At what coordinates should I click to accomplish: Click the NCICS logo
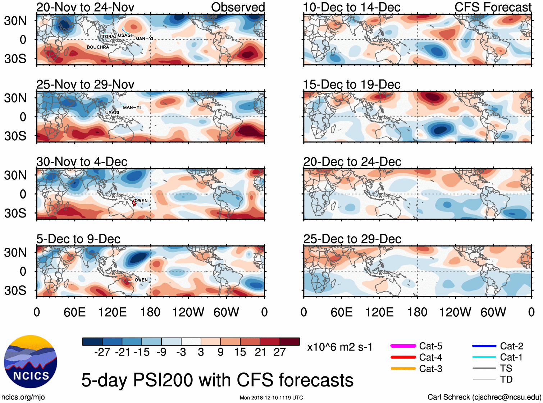[x=31, y=362]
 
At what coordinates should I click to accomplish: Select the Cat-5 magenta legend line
[x=403, y=346]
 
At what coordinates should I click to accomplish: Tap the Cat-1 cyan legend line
[x=484, y=357]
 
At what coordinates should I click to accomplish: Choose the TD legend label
[x=506, y=379]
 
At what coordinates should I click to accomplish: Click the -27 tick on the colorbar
[x=102, y=352]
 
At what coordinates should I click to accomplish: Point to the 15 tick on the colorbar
[x=240, y=352]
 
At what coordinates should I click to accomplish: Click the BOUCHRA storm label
[x=98, y=47]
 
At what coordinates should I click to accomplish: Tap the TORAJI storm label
[x=109, y=37]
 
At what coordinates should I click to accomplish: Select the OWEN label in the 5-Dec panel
[x=141, y=280]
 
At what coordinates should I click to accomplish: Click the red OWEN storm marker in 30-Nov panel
[x=134, y=203]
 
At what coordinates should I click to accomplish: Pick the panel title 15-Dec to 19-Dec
[x=352, y=84]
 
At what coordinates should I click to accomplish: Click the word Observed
[x=238, y=7]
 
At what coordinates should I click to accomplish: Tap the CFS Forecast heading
[x=493, y=7]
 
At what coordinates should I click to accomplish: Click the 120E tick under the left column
[x=113, y=312]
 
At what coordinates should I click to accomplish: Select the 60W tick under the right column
[x=493, y=312]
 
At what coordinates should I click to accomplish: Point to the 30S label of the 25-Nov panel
[x=15, y=136]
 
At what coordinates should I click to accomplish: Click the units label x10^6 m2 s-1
[x=339, y=347]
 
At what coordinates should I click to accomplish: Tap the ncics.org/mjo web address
[x=23, y=397]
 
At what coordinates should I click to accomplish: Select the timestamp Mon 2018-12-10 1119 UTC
[x=271, y=398]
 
